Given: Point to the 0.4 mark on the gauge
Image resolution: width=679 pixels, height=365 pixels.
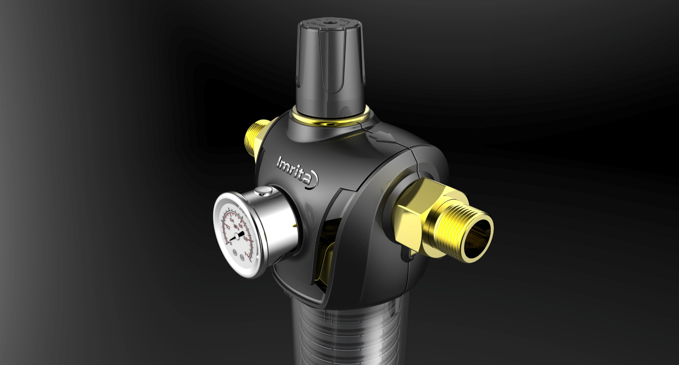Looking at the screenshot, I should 232,220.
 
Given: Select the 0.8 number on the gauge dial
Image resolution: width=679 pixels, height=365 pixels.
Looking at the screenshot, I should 246,238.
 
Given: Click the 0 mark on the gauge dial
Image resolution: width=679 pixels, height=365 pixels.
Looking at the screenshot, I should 231,243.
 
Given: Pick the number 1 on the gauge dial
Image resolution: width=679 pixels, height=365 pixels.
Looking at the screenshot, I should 246,254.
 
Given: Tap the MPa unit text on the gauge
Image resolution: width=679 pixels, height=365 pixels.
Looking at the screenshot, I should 236,226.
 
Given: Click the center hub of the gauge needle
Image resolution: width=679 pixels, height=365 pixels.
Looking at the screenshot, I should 236,237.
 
